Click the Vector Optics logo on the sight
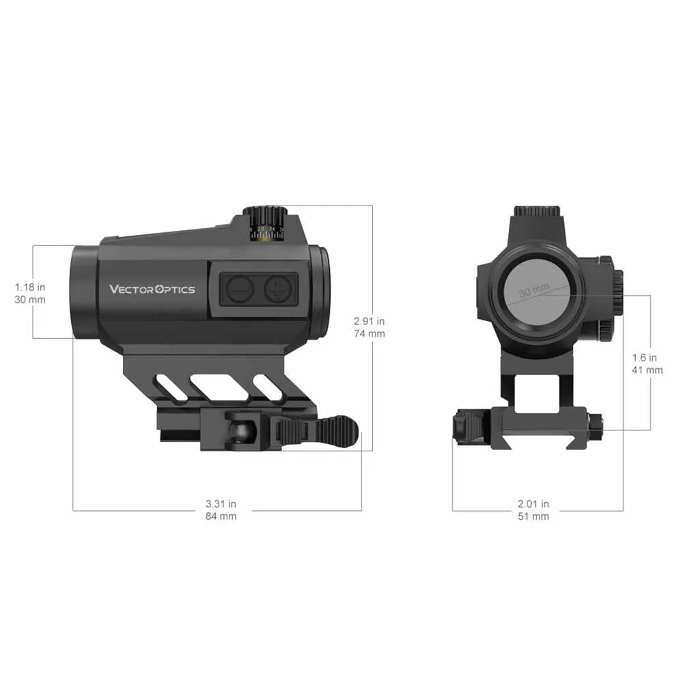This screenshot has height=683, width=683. (152, 289)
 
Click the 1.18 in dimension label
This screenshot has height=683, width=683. (30, 287)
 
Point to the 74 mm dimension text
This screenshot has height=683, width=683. (370, 333)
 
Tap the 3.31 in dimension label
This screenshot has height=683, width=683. (221, 504)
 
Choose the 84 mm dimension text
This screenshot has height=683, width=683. (221, 516)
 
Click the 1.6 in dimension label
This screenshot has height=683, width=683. (645, 357)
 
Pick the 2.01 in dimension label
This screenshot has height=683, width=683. (533, 504)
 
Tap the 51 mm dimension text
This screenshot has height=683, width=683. (533, 516)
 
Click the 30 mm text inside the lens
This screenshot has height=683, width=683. (534, 292)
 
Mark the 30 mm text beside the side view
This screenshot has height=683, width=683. (30, 300)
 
